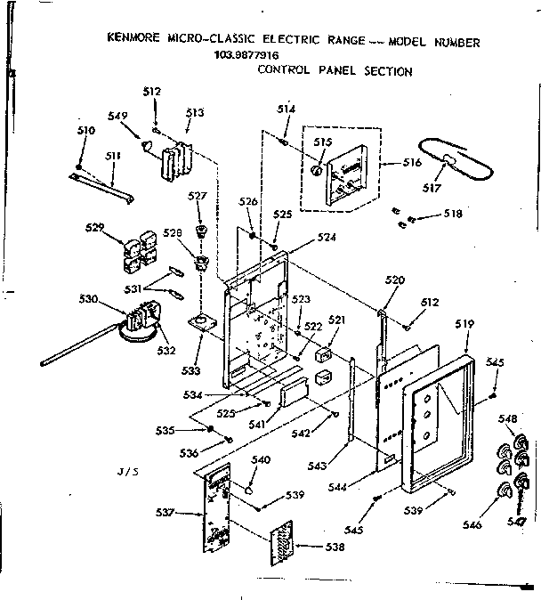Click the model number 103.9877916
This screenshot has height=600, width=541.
coord(246,55)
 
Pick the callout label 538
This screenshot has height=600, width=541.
coord(335,547)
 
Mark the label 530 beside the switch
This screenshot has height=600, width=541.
coord(89,299)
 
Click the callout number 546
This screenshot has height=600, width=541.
coord(472,526)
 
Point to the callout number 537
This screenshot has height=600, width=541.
coord(166,512)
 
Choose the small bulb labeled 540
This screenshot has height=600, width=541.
coord(249,490)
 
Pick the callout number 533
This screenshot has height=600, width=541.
coord(191,368)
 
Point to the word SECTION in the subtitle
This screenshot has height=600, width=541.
coord(388,72)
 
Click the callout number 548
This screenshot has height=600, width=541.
coord(508,419)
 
